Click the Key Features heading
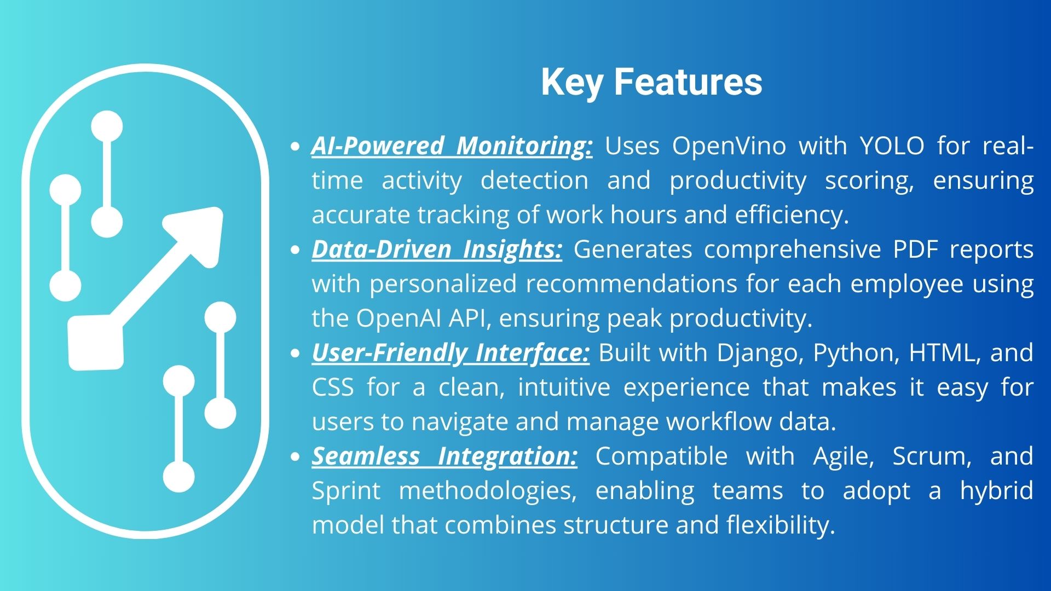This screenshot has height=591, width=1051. coord(651,82)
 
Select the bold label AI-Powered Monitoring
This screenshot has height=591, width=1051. coord(452,147)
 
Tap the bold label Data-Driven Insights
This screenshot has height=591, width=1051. coord(437,250)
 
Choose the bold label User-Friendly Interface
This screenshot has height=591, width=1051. coord(451,354)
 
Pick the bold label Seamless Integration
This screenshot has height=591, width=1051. coord(444,457)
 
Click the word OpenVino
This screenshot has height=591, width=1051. coord(729,147)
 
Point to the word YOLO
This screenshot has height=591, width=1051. coord(892,146)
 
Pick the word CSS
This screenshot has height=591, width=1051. coord(333,387)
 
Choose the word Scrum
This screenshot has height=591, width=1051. coord(932,457)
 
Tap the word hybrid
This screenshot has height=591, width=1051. coord(997,491)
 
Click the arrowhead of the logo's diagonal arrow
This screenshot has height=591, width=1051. coord(197,234)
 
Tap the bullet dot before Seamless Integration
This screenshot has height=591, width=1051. coord(296,457)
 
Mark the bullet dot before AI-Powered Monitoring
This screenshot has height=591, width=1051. coord(296,147)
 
